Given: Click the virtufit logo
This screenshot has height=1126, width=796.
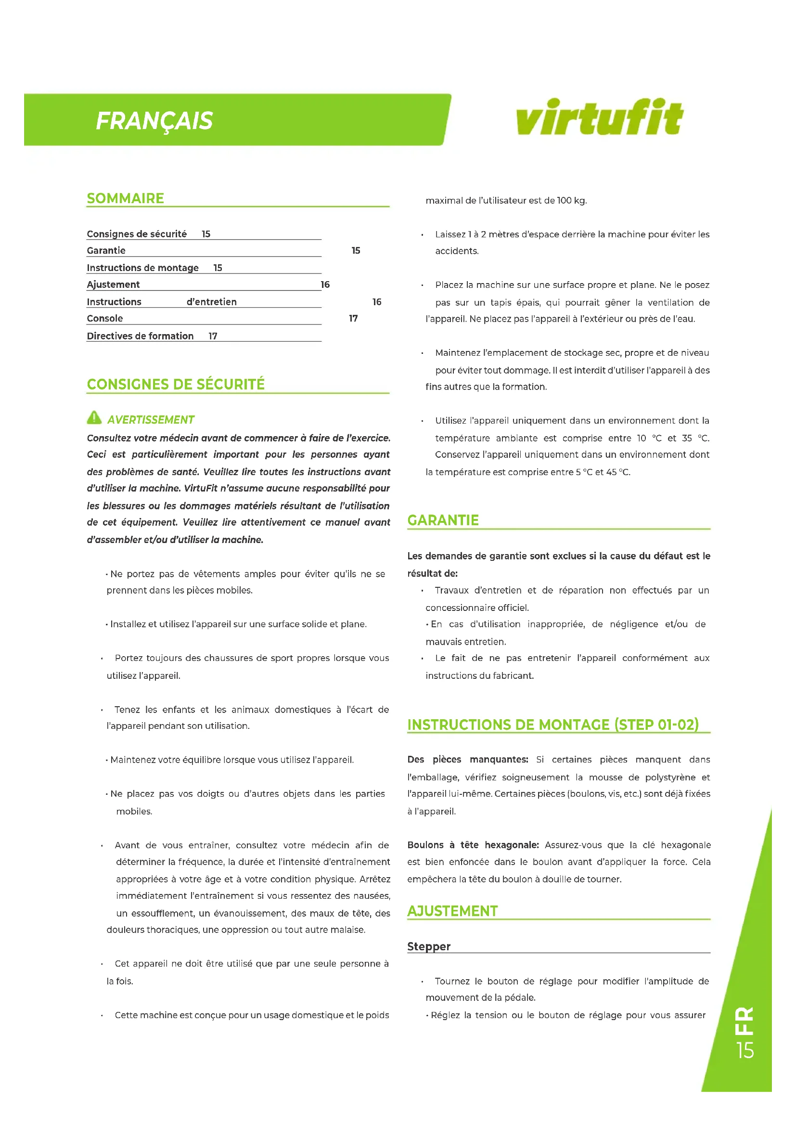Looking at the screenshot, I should click(x=599, y=117).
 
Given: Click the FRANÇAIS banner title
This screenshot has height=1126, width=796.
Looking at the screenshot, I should click(x=154, y=121).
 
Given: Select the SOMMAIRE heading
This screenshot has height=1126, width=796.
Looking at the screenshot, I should click(x=126, y=198).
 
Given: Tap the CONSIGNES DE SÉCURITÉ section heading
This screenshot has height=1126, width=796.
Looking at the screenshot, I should click(x=176, y=384).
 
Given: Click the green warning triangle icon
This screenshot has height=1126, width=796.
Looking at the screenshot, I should click(x=94, y=417).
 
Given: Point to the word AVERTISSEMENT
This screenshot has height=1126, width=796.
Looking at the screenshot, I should click(x=151, y=420).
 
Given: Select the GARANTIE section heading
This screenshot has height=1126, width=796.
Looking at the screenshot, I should click(x=443, y=520).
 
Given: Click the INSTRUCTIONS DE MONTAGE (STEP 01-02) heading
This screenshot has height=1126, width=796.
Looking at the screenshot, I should click(x=553, y=725).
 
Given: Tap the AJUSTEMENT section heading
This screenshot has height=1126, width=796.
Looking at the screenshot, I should click(x=452, y=911).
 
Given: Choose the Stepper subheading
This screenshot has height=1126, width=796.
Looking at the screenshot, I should click(x=429, y=946).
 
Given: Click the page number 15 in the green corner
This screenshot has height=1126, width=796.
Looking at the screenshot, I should click(x=745, y=1050).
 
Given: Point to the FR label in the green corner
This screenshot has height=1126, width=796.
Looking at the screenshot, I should click(x=744, y=1022).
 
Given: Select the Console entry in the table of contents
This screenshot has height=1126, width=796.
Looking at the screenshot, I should click(x=105, y=318).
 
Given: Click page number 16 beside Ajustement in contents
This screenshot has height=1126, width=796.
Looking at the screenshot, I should click(x=325, y=285).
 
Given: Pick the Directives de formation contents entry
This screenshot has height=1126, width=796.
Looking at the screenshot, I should click(x=140, y=336).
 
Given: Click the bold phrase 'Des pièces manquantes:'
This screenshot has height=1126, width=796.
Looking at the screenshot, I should click(x=468, y=759).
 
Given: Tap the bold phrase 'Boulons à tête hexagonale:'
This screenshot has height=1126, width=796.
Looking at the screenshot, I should click(x=473, y=844).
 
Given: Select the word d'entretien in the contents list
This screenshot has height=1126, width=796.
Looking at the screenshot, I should click(x=212, y=302).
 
